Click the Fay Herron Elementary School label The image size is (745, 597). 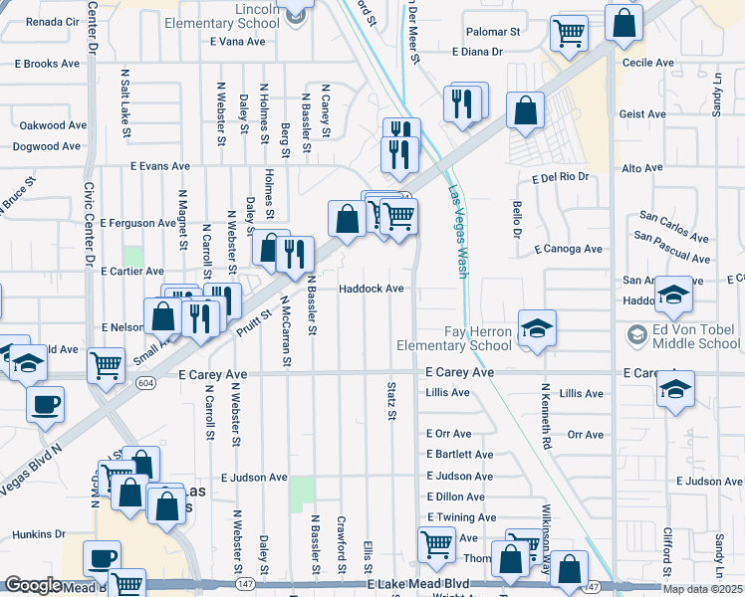pos(477,338)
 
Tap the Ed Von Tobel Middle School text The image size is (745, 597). pos(691,337)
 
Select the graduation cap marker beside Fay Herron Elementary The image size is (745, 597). pos(537,328)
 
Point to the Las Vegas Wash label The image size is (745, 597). pos(458,233)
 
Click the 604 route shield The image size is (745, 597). pos(146,382)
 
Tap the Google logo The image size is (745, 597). pos(33,585)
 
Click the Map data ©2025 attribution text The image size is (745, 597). pos(702,589)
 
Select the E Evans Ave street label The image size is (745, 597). pos(159,166)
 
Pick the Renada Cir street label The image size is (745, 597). pos(52,20)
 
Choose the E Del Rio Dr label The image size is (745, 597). pos(561,177)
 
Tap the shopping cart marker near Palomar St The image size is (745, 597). pos(569,33)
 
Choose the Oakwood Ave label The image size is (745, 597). pos(54,125)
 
